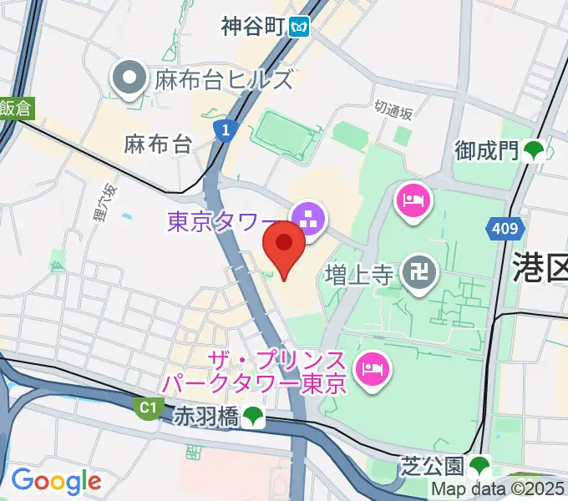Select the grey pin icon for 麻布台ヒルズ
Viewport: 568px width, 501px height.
(131, 80)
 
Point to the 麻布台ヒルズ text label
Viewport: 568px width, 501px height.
(223, 80)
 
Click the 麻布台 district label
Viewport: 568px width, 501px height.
(157, 144)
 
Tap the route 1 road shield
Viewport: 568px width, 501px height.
(222, 129)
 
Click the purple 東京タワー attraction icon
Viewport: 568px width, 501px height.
(309, 220)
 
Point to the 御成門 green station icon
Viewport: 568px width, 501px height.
(534, 150)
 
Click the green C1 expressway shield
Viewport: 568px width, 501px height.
(149, 407)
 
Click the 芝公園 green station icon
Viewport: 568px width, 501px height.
(479, 464)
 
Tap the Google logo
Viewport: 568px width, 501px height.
(56, 481)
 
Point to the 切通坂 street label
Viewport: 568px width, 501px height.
(393, 109)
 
